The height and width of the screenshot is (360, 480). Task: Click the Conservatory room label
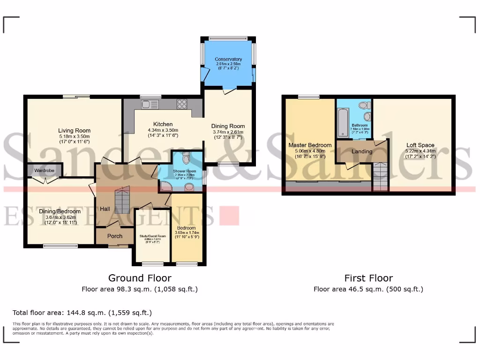pos(228,60)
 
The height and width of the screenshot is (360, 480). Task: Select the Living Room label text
pos(74,131)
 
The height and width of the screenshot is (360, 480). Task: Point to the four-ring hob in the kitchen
pos(181,104)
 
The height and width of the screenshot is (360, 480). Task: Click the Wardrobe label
pos(42,172)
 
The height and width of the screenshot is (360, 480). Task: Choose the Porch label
pos(115,236)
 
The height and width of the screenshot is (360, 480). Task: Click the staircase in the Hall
pos(122,200)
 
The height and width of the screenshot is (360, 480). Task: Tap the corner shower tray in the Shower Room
pos(165,187)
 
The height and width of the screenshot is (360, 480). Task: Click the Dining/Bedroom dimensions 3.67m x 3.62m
pos(60,217)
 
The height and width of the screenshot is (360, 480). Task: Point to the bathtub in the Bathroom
pos(343,122)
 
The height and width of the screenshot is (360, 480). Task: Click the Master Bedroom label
pos(310,145)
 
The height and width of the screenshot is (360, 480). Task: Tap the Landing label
pos(362,151)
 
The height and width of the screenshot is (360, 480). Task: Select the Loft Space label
pos(420,145)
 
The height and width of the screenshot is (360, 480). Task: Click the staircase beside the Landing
pos(381,177)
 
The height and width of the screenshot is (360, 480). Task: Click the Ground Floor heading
pos(140,278)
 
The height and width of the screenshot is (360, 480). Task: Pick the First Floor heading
pos(368,278)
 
